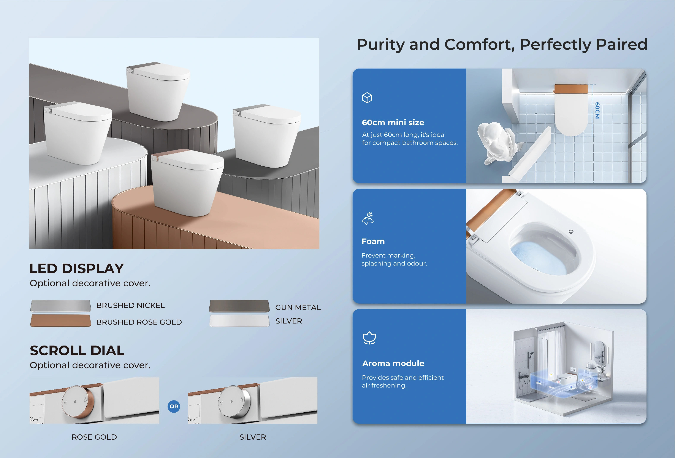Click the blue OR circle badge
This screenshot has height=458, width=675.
174,406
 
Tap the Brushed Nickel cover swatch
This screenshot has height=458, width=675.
60,306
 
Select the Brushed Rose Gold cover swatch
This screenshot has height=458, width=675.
60,320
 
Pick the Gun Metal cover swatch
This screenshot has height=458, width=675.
239,306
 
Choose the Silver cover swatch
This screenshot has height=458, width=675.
239,320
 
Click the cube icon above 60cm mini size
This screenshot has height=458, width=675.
367,98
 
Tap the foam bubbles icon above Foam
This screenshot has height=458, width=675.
368,218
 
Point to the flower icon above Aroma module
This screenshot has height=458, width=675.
369,338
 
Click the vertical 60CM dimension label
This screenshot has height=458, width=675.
597,110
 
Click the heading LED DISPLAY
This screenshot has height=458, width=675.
77,268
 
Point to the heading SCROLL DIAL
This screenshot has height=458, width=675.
77,350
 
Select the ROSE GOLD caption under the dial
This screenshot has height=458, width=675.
94,437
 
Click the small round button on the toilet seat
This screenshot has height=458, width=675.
571,232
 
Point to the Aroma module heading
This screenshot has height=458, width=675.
393,363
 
